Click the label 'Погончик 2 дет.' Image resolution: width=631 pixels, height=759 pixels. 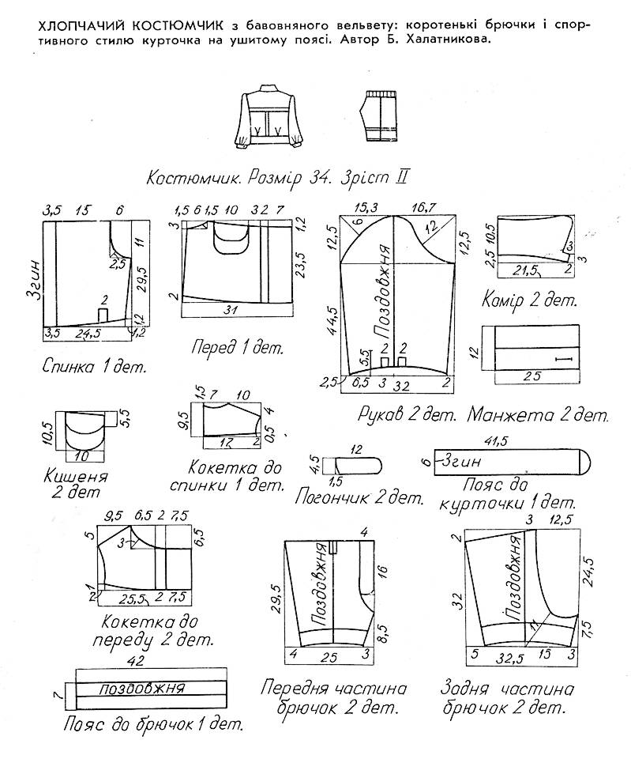click(358, 497)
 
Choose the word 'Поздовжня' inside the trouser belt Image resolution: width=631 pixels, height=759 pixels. click(142, 688)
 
